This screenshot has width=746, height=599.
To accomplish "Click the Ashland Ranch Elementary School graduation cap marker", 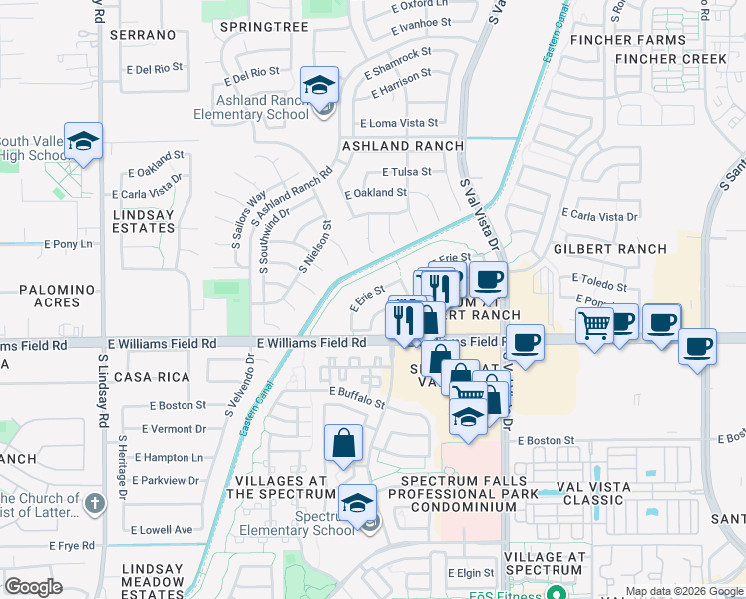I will (320, 86).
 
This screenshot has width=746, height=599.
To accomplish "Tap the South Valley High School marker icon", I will (84, 141).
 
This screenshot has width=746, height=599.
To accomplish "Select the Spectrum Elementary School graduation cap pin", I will (356, 503).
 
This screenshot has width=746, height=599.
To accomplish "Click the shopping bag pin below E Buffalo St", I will (343, 443).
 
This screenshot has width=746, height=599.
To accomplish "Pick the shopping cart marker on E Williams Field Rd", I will (594, 324).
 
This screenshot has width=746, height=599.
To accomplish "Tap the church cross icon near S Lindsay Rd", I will (94, 502).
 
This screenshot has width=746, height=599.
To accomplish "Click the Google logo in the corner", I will (33, 587).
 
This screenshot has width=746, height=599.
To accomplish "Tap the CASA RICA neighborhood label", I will (152, 377).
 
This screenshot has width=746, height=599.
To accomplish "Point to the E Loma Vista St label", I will (398, 122).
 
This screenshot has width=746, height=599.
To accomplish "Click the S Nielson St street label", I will (315, 247).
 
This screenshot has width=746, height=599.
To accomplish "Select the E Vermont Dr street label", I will (174, 429).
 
